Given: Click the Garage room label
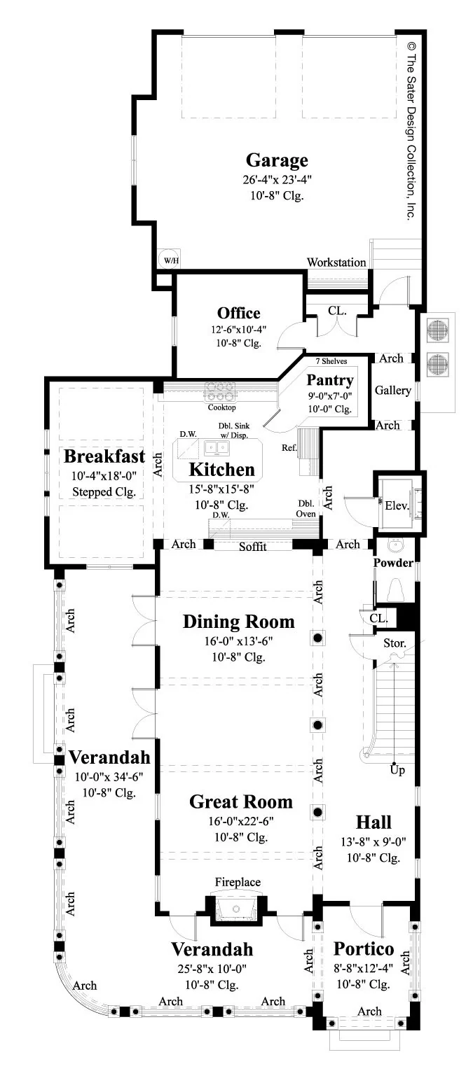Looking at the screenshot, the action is click(x=277, y=161).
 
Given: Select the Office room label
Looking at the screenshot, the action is click(x=238, y=313).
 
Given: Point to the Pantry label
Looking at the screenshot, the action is click(x=330, y=380).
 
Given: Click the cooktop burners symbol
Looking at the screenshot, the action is click(x=220, y=392).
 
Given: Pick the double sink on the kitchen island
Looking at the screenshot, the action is click(x=217, y=447).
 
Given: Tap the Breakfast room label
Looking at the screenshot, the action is click(x=104, y=456).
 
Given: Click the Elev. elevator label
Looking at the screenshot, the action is click(x=397, y=505).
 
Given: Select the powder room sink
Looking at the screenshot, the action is click(x=395, y=545).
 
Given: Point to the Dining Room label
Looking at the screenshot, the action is click(x=238, y=622).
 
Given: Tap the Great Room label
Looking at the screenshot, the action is click(x=241, y=801).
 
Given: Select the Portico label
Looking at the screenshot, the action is click(x=364, y=948).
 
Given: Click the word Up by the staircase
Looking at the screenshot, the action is click(x=397, y=770).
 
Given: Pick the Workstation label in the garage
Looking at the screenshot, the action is click(x=336, y=262).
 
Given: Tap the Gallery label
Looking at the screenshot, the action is click(x=393, y=391).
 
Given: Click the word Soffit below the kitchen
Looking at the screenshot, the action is click(x=253, y=546).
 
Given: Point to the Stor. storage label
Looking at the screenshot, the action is click(x=395, y=643).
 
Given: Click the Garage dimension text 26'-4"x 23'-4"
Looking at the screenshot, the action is click(x=277, y=180).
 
